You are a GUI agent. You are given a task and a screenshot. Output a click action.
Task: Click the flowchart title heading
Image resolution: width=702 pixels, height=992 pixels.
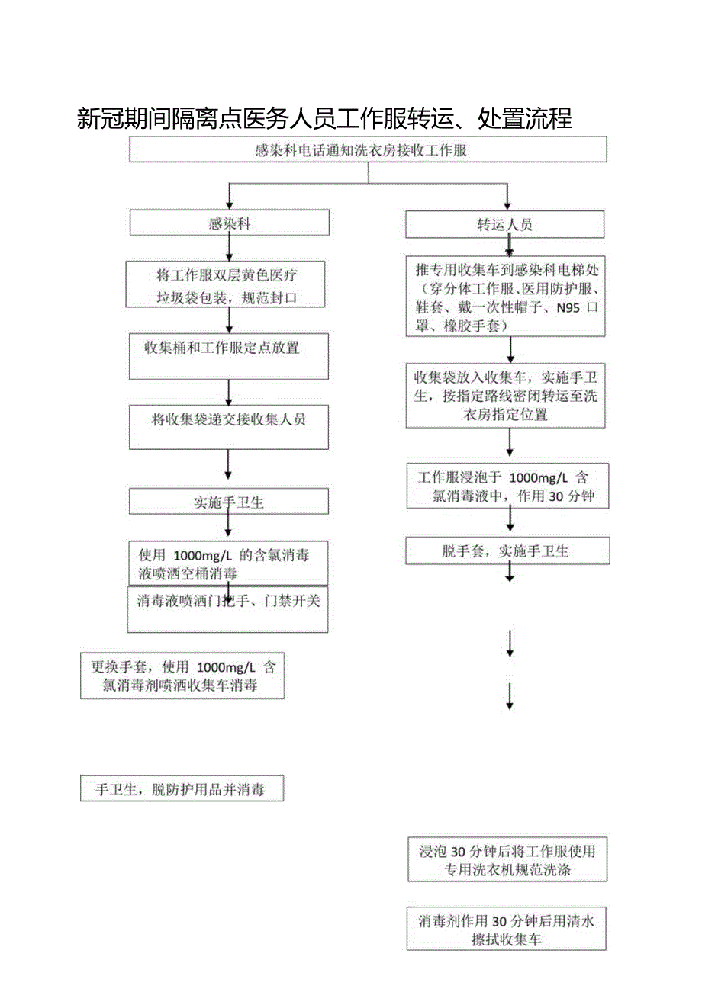(x=325, y=119)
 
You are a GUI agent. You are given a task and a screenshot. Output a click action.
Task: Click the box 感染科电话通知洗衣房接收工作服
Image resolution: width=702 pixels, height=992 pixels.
(x=368, y=150)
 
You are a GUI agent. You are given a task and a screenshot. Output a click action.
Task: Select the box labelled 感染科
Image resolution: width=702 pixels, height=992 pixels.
(x=229, y=223)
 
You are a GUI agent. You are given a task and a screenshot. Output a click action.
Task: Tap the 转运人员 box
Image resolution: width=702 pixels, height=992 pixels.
(x=504, y=224)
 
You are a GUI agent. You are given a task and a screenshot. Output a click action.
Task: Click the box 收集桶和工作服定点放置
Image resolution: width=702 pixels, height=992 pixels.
(x=228, y=355)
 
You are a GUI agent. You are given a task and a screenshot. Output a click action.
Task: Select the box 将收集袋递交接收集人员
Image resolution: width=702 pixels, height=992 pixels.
(x=228, y=426)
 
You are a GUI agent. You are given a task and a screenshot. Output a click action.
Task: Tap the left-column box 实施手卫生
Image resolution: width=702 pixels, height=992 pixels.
(x=228, y=502)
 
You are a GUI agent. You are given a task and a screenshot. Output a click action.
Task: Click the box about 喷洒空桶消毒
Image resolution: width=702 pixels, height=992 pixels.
(x=228, y=564)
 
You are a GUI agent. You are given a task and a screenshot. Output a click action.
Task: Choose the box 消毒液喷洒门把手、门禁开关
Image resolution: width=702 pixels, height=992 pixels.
(x=227, y=609)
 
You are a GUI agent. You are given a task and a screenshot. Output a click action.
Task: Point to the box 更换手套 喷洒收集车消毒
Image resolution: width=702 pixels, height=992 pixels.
(x=182, y=676)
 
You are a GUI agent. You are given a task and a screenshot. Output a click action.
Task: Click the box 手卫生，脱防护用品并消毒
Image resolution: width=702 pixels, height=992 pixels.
(x=182, y=789)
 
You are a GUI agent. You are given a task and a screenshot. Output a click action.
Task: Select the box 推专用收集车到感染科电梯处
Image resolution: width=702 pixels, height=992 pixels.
(x=505, y=297)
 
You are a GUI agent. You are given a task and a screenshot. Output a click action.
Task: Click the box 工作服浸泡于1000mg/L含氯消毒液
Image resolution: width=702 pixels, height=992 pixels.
(x=507, y=486)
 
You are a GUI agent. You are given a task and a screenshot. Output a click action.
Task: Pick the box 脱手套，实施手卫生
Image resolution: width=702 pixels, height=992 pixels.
(x=507, y=551)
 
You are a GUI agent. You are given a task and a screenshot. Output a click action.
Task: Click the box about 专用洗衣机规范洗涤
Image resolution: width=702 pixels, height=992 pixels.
(x=507, y=859)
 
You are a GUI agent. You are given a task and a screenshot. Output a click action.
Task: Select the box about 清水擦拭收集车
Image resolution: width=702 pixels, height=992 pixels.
(x=507, y=929)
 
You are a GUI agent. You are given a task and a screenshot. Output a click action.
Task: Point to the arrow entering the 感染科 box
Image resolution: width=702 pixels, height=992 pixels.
(x=228, y=200)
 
